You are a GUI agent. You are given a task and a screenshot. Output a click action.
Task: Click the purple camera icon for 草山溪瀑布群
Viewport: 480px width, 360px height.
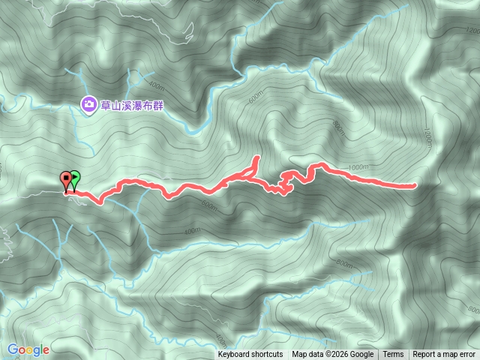[x=88, y=104]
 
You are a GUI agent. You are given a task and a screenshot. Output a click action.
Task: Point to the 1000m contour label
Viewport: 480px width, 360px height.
[x=358, y=166]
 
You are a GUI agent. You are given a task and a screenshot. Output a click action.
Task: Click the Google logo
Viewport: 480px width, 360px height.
[x=28, y=349]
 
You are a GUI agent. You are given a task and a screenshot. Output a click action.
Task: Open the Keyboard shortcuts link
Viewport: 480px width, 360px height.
[x=250, y=354]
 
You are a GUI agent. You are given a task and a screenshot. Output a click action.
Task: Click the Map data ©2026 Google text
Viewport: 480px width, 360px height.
[x=333, y=354]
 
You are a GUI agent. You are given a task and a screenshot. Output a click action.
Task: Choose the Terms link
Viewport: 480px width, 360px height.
[x=393, y=354]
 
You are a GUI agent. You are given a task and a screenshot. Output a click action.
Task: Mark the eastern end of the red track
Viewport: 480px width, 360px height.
[x=414, y=185]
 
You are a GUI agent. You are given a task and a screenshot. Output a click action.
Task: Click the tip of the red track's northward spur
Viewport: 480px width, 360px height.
[x=256, y=157]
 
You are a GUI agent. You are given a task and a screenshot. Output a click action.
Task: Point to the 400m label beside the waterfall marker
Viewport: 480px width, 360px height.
[x=157, y=85]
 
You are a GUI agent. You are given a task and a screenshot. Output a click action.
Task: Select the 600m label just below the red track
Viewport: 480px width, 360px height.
[x=208, y=206]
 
